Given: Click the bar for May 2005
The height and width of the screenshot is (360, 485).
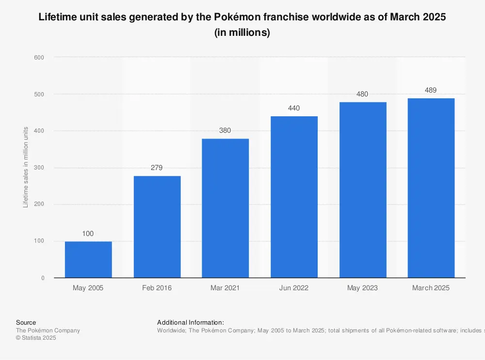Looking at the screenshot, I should (x=88, y=260).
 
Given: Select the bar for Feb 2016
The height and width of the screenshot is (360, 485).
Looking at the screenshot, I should (x=157, y=227).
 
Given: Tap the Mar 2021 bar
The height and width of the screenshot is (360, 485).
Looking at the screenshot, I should (x=226, y=208).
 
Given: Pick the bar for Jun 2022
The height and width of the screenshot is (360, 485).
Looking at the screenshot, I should (x=294, y=197).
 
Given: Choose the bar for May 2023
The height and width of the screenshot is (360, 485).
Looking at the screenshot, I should (x=363, y=190).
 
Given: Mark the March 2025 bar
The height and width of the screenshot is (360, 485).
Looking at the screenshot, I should (x=431, y=188).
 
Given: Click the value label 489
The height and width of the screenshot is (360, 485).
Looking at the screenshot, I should (x=431, y=90).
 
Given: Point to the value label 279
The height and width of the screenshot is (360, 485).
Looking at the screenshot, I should (x=157, y=168).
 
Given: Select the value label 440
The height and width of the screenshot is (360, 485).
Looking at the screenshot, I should (x=294, y=108).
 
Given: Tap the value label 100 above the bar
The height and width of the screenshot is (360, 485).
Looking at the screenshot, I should (x=88, y=234).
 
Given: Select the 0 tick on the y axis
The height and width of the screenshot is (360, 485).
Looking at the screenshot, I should (x=43, y=278).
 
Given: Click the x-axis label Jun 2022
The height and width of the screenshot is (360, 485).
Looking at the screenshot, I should (x=294, y=288).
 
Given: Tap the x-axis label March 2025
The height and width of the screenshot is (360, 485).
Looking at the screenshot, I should (x=431, y=288).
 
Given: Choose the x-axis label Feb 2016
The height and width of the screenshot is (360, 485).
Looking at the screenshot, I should (x=157, y=288).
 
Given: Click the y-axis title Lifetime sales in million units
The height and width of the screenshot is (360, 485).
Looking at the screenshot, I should (x=26, y=167).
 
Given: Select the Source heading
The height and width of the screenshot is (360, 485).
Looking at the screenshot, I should (x=26, y=322).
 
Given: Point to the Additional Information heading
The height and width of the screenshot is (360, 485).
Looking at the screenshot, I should (x=191, y=322).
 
